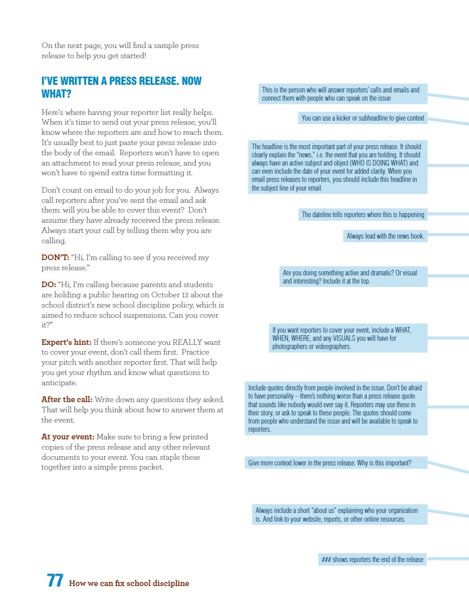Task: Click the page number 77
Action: [x=55, y=581]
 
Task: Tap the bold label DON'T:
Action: [x=55, y=258]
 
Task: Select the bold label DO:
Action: [x=49, y=285]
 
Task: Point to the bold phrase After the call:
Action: [x=66, y=399]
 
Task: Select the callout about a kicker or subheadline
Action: [x=362, y=118]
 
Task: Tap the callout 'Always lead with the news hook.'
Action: [x=385, y=236]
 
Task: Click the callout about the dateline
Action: [x=363, y=215]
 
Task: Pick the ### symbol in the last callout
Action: [x=326, y=559]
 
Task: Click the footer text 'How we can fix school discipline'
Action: [x=129, y=583]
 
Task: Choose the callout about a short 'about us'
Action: [x=339, y=515]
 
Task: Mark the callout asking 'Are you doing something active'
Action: [x=353, y=277]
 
